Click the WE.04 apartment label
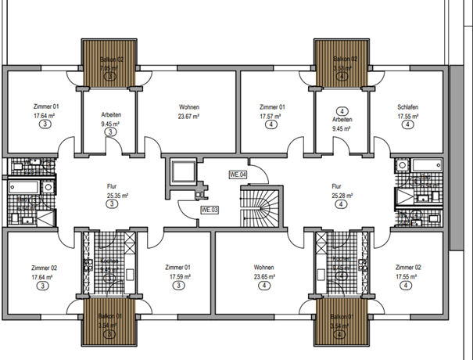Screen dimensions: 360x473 238,175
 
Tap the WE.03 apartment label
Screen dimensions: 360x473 210,210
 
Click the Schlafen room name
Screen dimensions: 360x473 407,107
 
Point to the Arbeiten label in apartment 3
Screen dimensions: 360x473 110,115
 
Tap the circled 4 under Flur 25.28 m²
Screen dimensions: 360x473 341,204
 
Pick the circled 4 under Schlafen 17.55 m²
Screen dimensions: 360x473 407,124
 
